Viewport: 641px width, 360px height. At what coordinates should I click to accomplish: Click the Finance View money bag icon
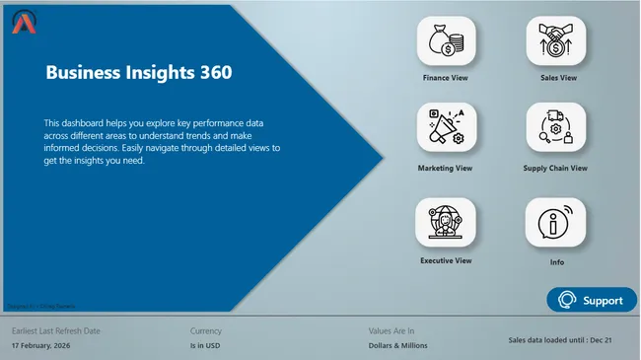(x=447, y=40)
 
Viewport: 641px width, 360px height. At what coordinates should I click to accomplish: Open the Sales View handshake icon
(x=556, y=40)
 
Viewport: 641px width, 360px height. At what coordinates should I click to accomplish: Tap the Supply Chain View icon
(x=556, y=127)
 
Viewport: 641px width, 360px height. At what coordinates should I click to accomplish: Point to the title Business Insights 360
(x=139, y=72)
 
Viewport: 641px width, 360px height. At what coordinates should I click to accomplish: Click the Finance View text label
(x=445, y=77)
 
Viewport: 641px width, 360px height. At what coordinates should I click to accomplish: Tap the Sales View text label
(x=558, y=77)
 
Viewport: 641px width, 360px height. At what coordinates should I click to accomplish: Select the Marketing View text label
(x=445, y=169)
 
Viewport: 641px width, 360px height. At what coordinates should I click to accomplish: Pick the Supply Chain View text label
(x=555, y=169)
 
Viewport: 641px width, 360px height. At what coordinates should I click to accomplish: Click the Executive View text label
(x=446, y=260)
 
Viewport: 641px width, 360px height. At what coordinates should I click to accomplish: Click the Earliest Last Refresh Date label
(x=55, y=331)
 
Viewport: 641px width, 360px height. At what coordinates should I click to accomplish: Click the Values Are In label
(x=391, y=331)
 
